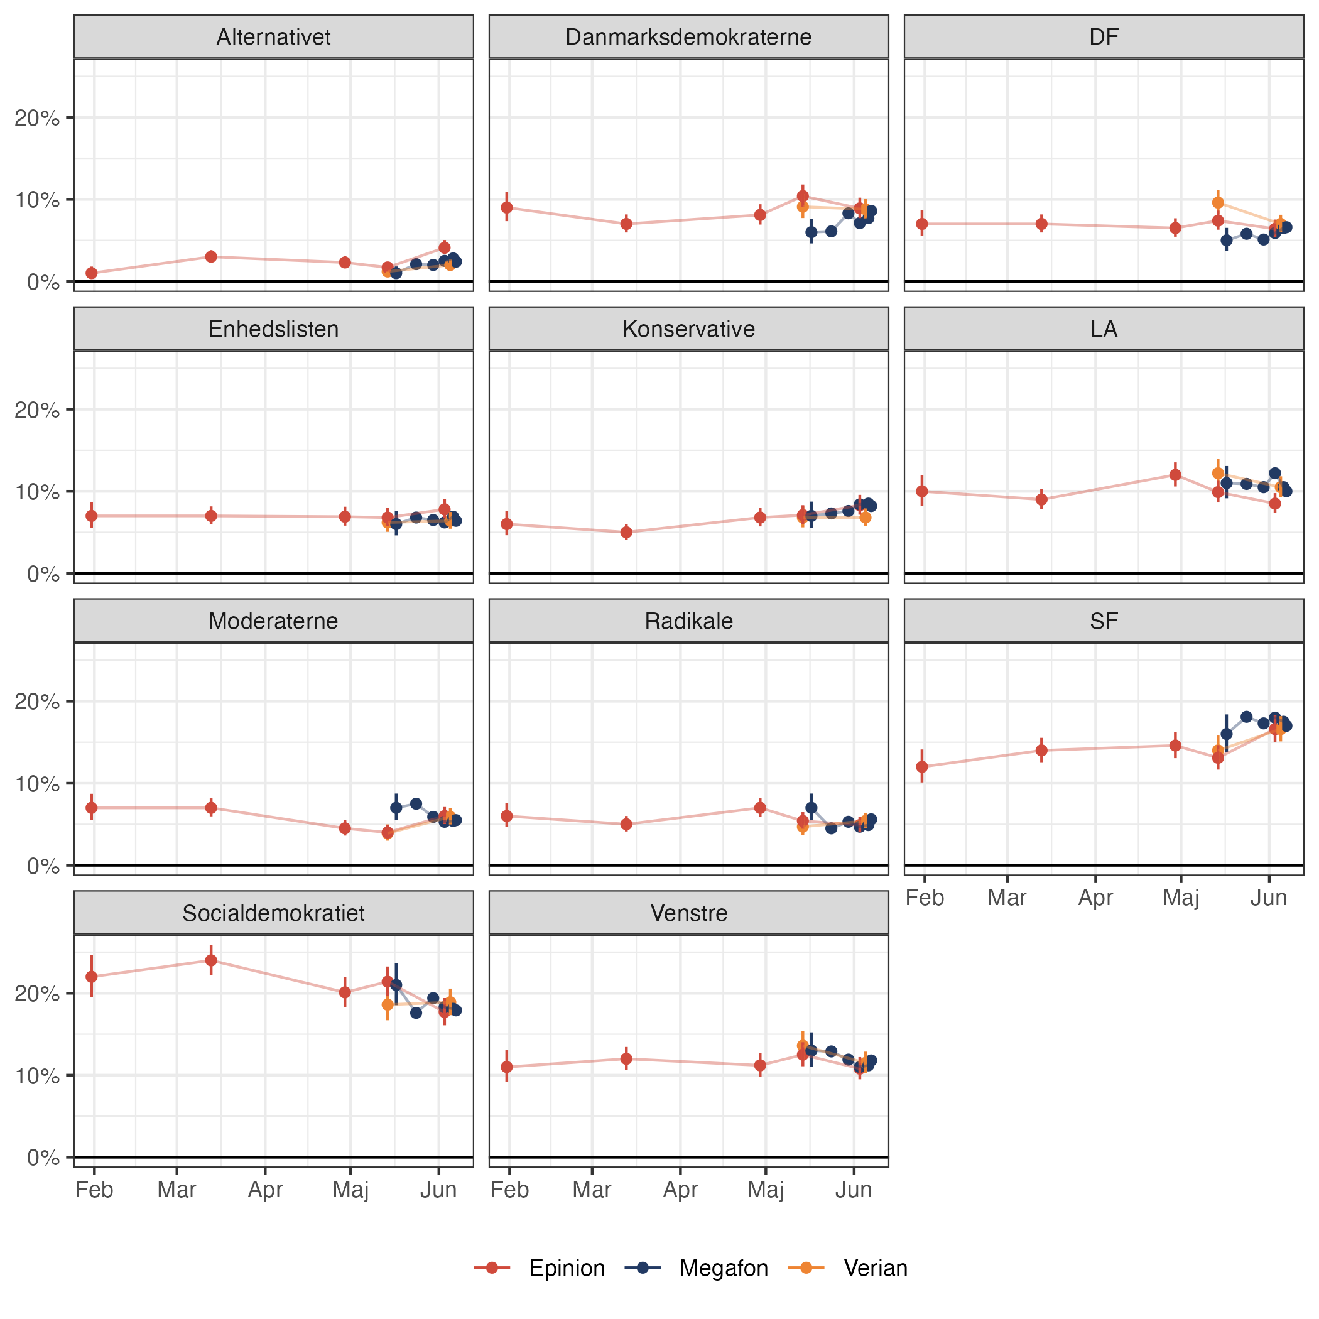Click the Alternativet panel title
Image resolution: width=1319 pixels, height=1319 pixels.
tap(273, 37)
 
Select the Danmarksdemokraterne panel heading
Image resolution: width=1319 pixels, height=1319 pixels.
tap(688, 37)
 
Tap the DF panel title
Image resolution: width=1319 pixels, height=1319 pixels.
tap(1104, 37)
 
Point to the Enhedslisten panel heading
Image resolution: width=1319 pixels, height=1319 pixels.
tap(273, 329)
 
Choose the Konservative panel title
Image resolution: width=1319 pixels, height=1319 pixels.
tap(688, 329)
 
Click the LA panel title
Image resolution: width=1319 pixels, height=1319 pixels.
tap(1104, 329)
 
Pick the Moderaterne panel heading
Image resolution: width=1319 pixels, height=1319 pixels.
tap(273, 621)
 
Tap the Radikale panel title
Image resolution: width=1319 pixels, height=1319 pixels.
tap(688, 621)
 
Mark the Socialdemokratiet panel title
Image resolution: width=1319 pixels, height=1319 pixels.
tap(273, 913)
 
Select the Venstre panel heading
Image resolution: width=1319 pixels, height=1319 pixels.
tap(688, 913)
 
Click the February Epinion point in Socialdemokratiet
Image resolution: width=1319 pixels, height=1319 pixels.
tap(92, 976)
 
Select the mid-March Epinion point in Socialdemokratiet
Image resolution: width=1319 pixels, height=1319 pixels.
tap(212, 960)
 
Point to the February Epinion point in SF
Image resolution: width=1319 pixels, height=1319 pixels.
tap(921, 767)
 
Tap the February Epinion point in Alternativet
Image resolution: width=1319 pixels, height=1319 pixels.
tap(92, 273)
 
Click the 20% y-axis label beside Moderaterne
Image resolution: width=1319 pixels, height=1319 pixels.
tap(37, 702)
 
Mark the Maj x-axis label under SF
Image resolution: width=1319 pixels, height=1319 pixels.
tap(1181, 898)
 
